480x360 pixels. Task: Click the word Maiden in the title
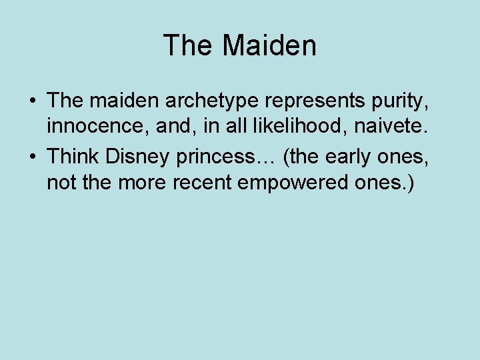coord(269,45)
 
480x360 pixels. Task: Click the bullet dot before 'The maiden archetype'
coord(32,102)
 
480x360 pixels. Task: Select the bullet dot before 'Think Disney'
coord(32,157)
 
